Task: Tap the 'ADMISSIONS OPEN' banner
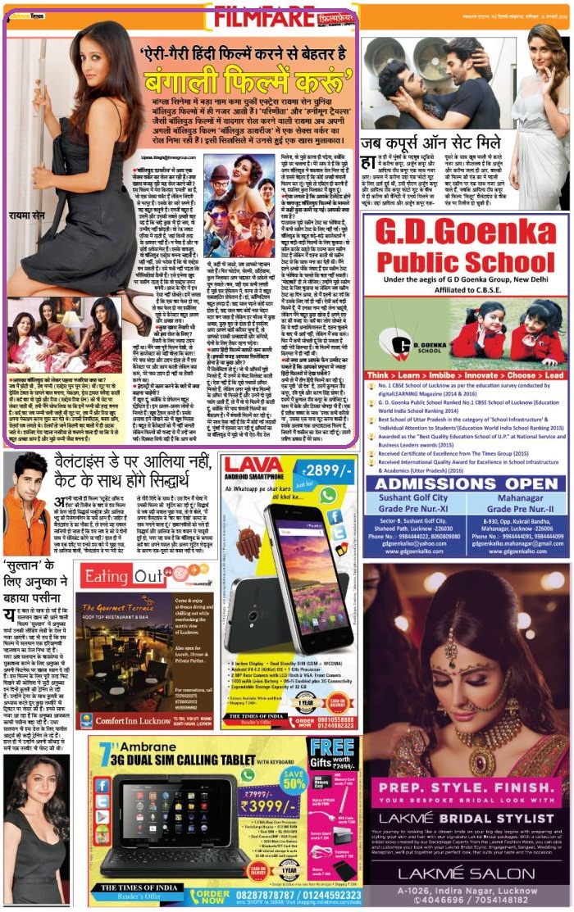(463, 483)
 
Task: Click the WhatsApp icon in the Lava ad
(328, 495)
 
